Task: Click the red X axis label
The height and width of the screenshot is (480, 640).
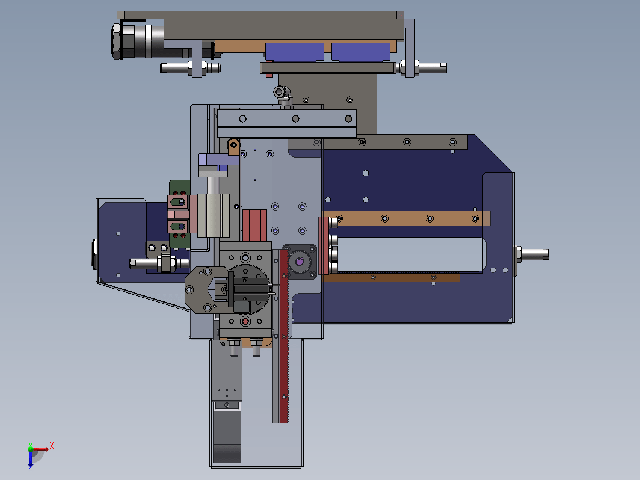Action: [x=52, y=446]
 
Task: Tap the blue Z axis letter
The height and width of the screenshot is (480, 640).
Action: [x=31, y=468]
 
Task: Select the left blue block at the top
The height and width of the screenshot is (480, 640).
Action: [x=294, y=52]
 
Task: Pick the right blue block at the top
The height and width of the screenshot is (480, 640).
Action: [x=361, y=52]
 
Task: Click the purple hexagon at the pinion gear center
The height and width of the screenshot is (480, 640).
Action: [x=300, y=262]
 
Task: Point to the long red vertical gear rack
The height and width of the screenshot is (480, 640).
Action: [x=284, y=336]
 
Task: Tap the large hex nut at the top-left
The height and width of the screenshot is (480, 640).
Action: [x=116, y=42]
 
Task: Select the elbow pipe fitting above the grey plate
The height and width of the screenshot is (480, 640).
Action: [x=282, y=93]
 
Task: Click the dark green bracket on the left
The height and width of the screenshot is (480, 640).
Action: [x=180, y=214]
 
